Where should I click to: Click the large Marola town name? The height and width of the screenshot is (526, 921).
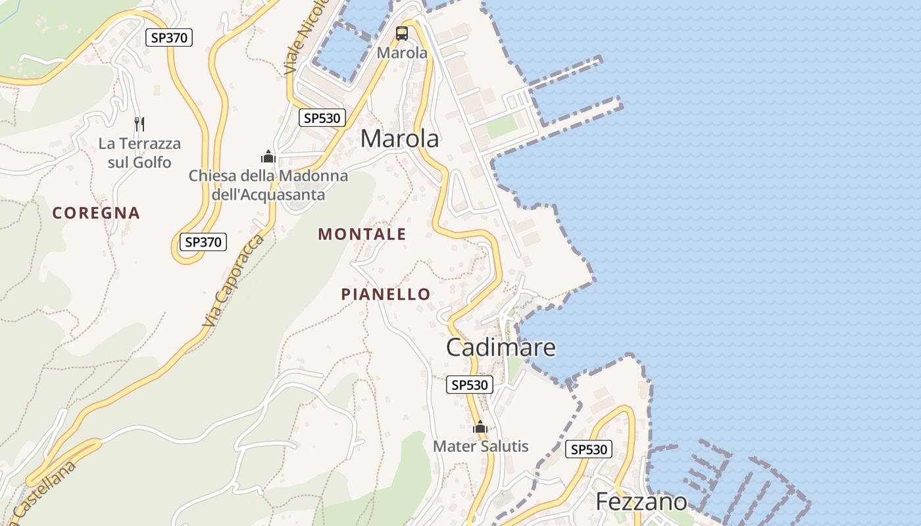click(x=400, y=139)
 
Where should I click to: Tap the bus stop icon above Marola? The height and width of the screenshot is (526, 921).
click(x=402, y=34)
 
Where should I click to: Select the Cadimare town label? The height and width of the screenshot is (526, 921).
click(x=501, y=347)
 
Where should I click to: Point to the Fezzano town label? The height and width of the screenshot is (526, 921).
click(x=641, y=502)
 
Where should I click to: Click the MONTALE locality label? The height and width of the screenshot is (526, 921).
click(x=362, y=234)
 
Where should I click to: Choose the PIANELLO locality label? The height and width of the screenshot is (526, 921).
click(x=386, y=294)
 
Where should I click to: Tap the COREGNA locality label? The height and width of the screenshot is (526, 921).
click(x=96, y=213)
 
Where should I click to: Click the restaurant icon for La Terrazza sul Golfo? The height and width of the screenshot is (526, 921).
click(x=139, y=124)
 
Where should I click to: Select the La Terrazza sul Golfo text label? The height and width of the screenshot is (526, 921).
click(x=139, y=153)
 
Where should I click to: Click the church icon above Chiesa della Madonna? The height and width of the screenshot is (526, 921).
click(x=268, y=156)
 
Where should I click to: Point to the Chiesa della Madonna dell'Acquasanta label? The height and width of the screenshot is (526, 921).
click(x=268, y=185)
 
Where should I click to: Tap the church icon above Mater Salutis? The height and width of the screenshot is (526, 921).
click(x=480, y=427)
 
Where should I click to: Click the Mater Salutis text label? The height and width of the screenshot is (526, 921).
click(x=480, y=446)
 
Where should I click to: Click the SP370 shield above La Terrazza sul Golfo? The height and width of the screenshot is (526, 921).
click(x=169, y=37)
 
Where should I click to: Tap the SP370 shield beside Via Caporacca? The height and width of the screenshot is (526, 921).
click(x=203, y=242)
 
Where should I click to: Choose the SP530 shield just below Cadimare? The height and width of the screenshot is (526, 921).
click(x=470, y=385)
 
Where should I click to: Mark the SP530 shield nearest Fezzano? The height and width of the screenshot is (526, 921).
click(x=589, y=450)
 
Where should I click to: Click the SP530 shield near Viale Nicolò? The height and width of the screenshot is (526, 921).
click(x=322, y=118)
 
